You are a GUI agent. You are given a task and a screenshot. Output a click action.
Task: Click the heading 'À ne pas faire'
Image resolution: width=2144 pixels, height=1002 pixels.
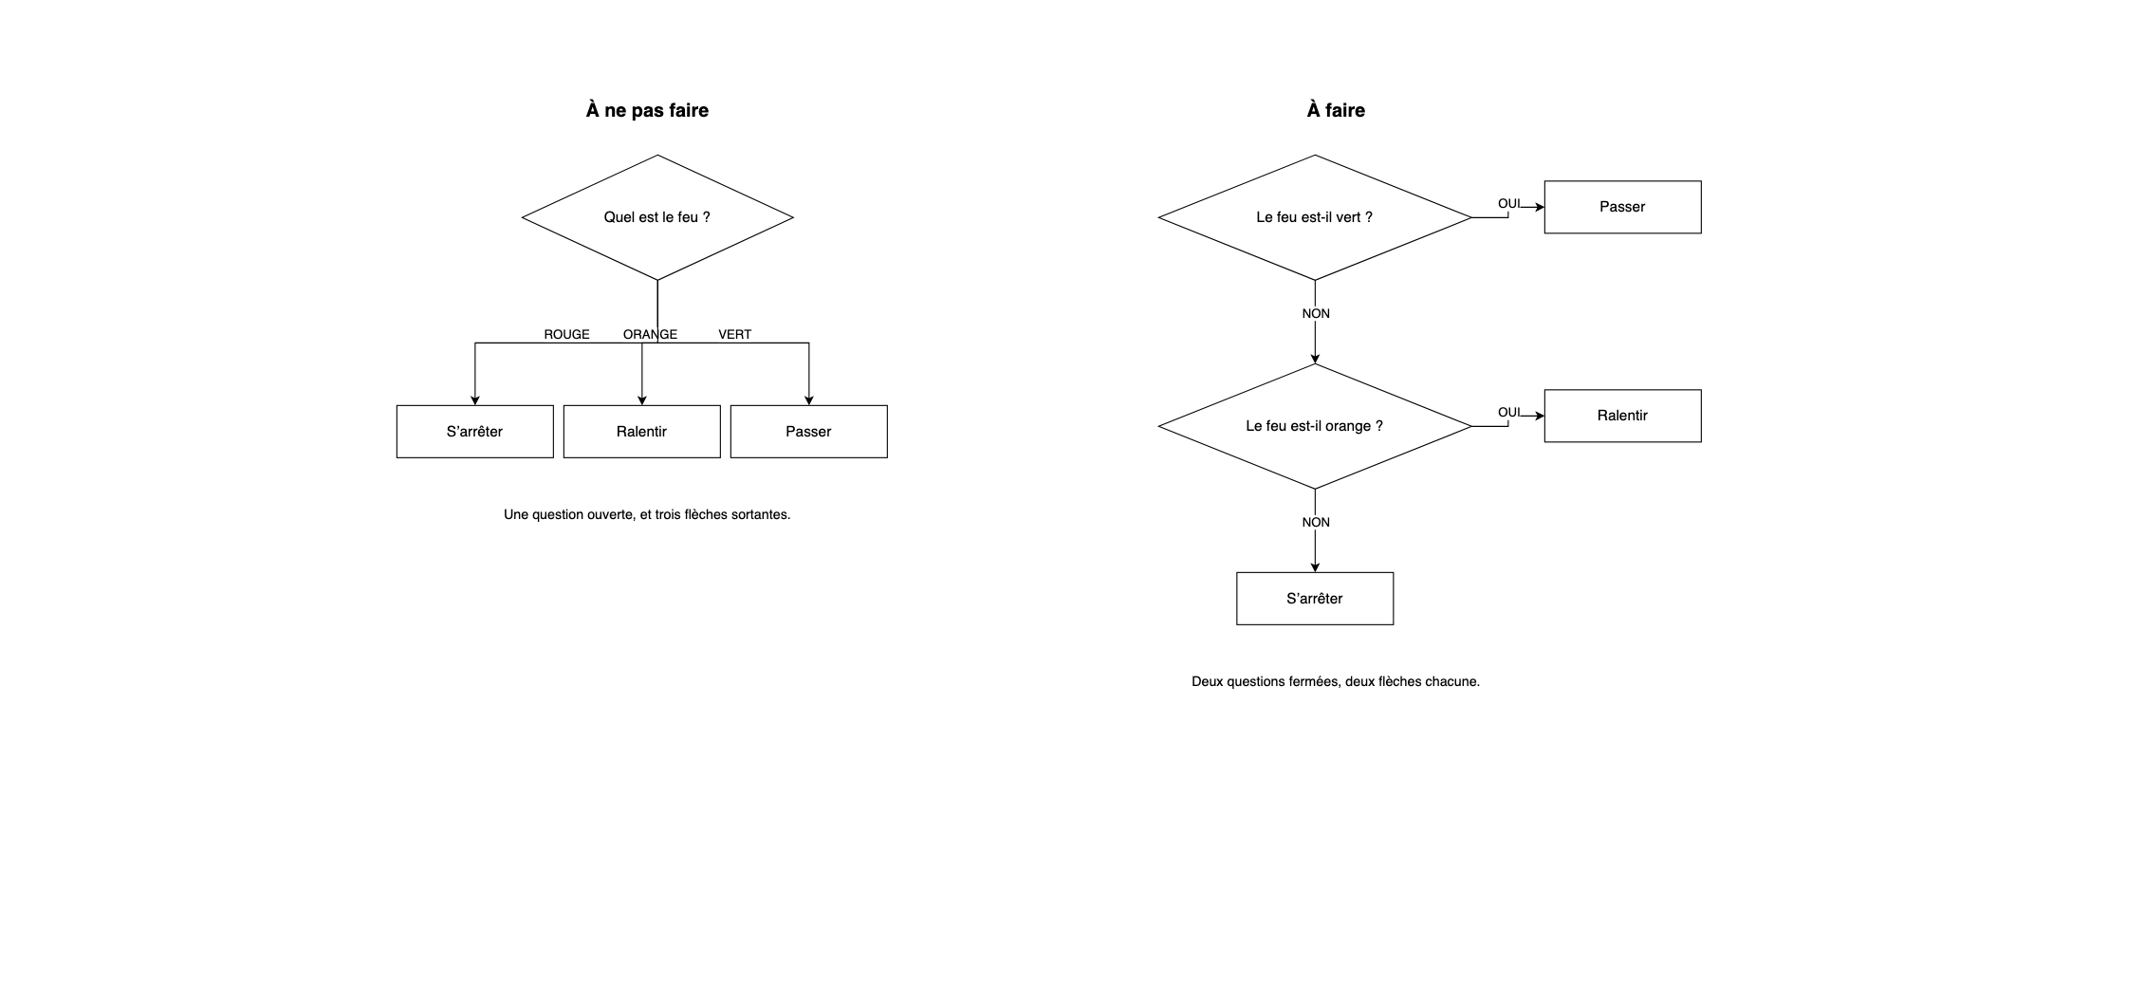point(647,110)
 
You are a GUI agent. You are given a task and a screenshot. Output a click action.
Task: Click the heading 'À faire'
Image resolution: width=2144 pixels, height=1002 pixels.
point(1336,110)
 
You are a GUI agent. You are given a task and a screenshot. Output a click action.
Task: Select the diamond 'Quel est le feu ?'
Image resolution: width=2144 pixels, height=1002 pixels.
point(657,217)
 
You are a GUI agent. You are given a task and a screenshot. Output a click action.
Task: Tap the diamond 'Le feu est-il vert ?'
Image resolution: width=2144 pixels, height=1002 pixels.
point(1315,217)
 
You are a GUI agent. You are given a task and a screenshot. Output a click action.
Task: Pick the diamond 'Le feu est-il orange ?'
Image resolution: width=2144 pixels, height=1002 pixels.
point(1315,426)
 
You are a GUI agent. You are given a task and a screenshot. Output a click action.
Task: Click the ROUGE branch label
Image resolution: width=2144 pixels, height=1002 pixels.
point(566,334)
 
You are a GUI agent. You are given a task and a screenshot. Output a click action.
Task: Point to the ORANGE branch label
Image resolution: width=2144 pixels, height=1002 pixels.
point(650,334)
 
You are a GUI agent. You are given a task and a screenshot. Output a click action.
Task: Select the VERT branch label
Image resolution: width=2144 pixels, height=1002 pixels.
point(734,334)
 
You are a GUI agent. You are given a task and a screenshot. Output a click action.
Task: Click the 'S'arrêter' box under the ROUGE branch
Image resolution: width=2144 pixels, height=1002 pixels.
point(475,432)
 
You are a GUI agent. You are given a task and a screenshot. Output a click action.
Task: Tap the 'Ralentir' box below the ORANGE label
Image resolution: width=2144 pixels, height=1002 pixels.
point(642,432)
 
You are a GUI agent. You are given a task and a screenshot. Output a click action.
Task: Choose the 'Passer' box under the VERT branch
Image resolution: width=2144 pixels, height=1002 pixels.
point(809,432)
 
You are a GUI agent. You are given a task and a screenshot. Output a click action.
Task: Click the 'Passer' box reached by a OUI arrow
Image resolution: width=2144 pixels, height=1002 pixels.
point(1623,207)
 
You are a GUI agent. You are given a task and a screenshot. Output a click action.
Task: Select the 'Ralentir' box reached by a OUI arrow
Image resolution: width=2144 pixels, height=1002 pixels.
point(1623,416)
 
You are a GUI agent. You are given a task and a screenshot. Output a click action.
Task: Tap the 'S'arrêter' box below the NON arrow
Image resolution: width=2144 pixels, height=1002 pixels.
point(1315,599)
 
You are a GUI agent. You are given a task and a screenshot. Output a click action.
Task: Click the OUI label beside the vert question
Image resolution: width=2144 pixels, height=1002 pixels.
point(1508,203)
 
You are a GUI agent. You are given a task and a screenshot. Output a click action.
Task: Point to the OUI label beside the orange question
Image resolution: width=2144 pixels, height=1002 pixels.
point(1508,412)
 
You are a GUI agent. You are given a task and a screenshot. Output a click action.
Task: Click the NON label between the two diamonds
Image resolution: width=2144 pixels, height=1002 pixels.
point(1316,313)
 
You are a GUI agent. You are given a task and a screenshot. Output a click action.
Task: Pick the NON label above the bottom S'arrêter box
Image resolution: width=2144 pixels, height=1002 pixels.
point(1316,522)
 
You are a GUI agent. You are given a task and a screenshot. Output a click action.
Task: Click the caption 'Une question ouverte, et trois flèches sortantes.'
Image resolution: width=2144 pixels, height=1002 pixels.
point(647,514)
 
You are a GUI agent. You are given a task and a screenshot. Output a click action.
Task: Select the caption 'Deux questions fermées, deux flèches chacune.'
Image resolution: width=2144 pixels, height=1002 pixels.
point(1336,681)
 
